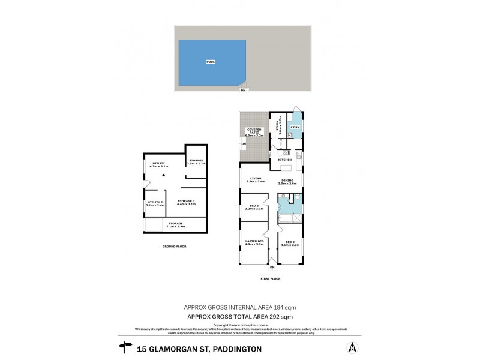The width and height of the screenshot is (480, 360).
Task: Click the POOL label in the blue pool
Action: tap(210, 62)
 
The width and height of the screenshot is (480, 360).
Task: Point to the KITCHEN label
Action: tap(284, 160)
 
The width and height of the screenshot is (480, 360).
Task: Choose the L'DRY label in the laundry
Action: tap(295, 127)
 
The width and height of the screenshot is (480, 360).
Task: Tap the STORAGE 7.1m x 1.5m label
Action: tap(176, 224)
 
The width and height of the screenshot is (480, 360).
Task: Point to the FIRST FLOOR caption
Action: tap(271, 279)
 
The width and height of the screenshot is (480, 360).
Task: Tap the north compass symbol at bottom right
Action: tap(352, 347)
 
